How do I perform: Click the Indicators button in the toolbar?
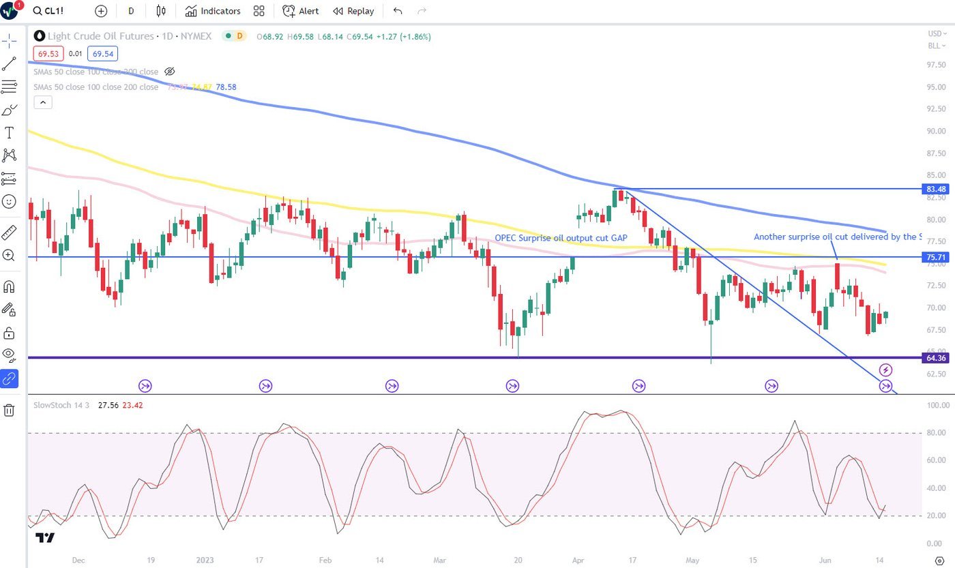click(x=213, y=11)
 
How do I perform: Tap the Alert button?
click(x=301, y=11)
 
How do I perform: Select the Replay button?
click(x=353, y=11)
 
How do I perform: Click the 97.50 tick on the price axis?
click(x=936, y=65)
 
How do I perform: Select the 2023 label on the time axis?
click(x=205, y=560)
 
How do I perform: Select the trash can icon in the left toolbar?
click(x=9, y=410)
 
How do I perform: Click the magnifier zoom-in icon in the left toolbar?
click(x=9, y=255)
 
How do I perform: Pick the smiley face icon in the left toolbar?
click(x=9, y=202)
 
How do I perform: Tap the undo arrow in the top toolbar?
click(x=398, y=11)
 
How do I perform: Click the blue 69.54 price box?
click(x=103, y=53)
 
